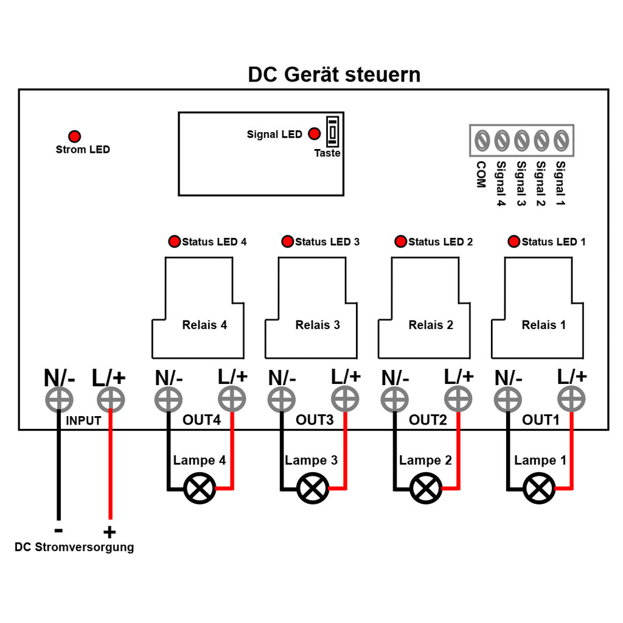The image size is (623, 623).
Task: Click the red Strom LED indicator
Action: (x=74, y=136)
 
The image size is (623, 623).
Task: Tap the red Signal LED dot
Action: (x=315, y=133)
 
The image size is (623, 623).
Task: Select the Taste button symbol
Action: (x=333, y=131)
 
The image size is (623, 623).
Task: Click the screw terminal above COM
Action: (x=482, y=141)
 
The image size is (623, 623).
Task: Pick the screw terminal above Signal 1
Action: (x=561, y=141)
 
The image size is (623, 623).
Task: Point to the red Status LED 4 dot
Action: (x=174, y=241)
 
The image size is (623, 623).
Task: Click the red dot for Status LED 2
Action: (x=400, y=241)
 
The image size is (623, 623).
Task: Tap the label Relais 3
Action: (x=318, y=325)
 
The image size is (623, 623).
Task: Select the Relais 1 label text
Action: (x=543, y=325)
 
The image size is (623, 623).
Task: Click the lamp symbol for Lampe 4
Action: (x=200, y=489)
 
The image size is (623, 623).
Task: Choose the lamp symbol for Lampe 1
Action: (x=539, y=489)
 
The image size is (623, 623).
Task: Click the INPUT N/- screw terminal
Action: (x=59, y=399)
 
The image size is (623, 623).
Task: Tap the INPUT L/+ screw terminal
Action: (x=111, y=399)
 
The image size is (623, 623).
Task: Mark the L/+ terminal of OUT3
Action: (x=345, y=399)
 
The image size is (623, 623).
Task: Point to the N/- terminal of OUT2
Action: (x=394, y=399)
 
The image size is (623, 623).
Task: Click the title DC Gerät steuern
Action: (x=334, y=75)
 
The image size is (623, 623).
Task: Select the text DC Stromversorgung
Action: (x=74, y=547)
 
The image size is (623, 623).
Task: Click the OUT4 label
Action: (x=201, y=420)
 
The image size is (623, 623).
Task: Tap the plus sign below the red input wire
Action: (x=110, y=532)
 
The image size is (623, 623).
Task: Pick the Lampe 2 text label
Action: (x=425, y=460)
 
